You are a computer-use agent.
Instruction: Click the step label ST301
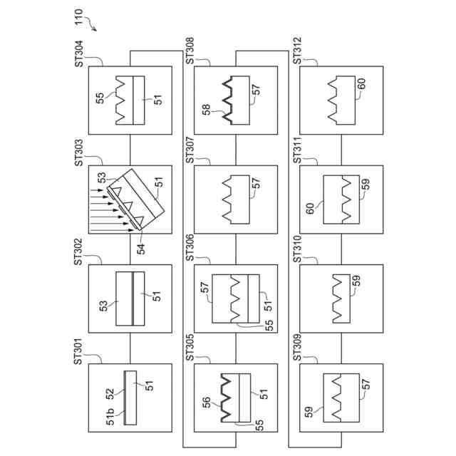click(x=78, y=352)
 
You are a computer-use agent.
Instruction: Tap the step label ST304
click(x=78, y=54)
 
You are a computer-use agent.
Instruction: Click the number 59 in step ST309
click(x=309, y=411)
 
